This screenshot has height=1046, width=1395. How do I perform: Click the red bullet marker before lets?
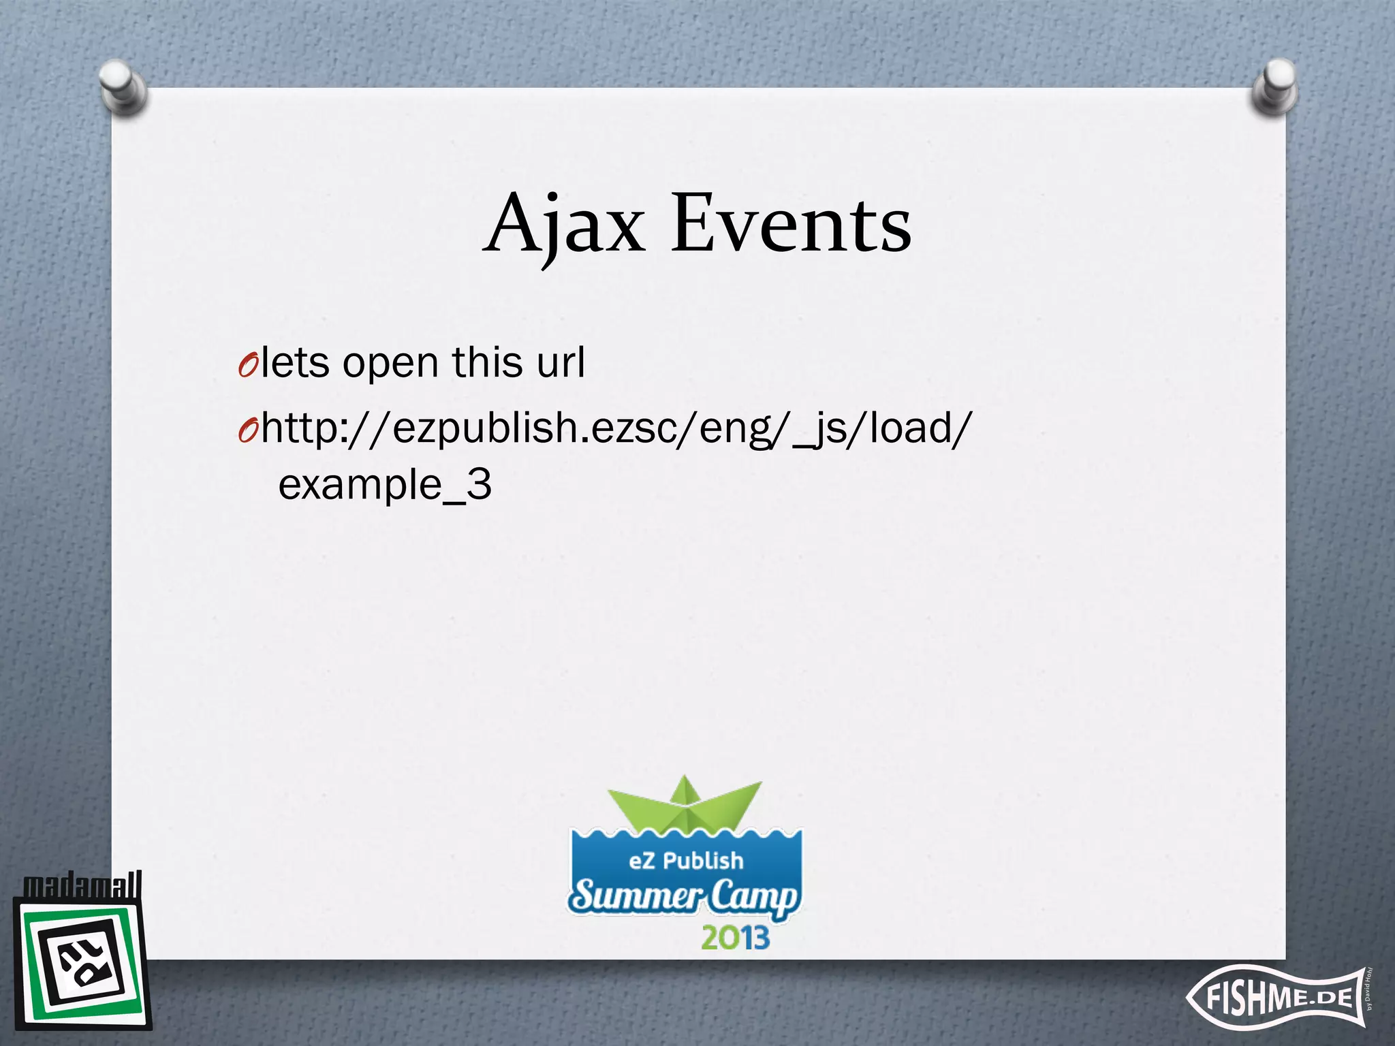point(247,366)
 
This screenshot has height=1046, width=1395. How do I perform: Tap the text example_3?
point(385,486)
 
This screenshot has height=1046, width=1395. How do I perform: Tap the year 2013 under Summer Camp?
point(735,938)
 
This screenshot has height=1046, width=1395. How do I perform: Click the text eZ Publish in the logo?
point(685,861)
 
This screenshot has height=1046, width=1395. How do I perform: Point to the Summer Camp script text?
point(684,897)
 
